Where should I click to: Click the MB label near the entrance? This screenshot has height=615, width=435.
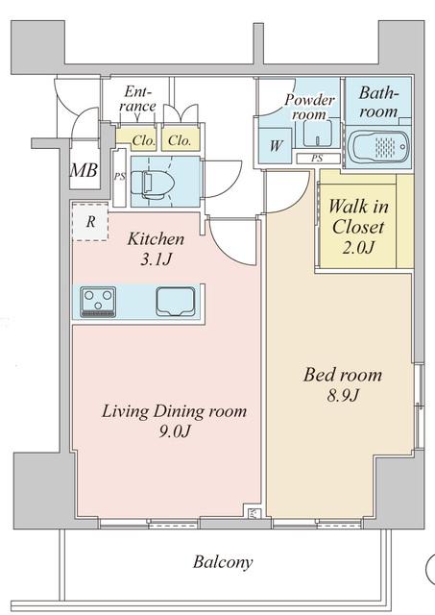83,171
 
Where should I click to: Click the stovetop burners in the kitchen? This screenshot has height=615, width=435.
98,301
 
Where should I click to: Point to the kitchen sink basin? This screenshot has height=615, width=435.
176,301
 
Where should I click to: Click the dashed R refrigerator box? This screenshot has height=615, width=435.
88,222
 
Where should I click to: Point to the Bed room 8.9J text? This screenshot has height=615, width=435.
342,384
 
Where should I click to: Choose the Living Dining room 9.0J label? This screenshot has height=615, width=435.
174,421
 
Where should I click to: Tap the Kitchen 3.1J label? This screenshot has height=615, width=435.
157,247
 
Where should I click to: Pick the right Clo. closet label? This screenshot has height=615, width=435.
179,140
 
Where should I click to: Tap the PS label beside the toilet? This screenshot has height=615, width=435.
120,177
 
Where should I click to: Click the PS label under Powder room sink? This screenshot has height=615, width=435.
316,158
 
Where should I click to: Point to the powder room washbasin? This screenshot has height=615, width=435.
322,133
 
